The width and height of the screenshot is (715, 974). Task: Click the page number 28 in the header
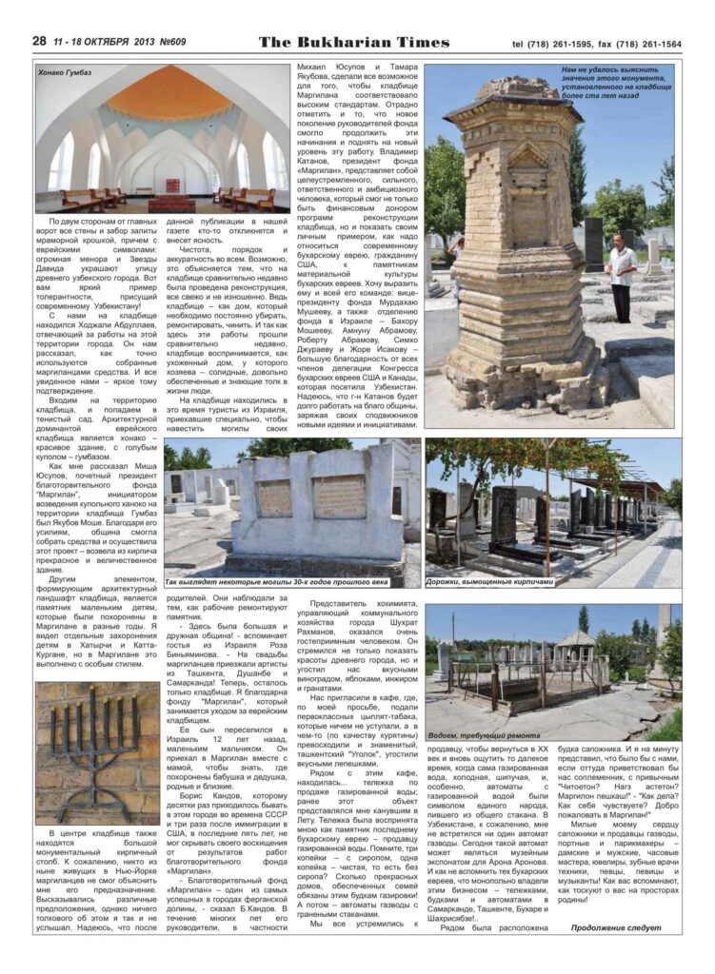pyautogui.click(x=39, y=41)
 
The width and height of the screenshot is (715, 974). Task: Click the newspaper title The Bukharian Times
pyautogui.click(x=353, y=41)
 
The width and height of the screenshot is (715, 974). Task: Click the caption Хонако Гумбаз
pyautogui.click(x=66, y=71)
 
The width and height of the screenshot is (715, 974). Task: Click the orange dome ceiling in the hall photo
pyautogui.click(x=164, y=94)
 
